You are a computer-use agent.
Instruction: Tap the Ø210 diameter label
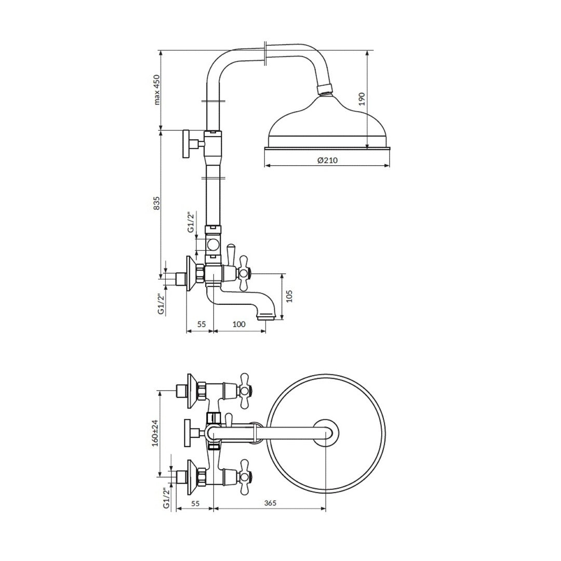click(x=327, y=161)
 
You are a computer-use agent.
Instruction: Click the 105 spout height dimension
click(x=289, y=296)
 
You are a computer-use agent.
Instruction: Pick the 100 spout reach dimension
click(x=239, y=324)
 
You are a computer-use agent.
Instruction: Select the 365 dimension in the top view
click(x=271, y=503)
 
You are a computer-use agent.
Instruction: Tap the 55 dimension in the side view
click(x=202, y=324)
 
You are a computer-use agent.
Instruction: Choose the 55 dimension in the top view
click(x=195, y=503)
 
